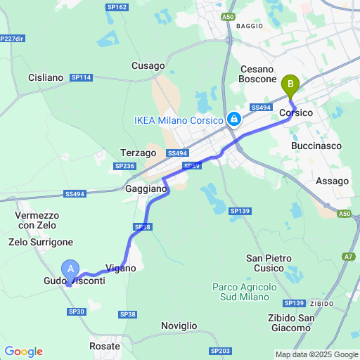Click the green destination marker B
[289, 86]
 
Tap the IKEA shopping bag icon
[233, 120]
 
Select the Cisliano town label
[46, 77]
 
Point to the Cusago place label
[148, 65]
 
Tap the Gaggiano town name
[146, 189]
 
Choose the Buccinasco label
[316, 146]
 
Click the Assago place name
[332, 181]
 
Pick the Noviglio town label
[179, 326]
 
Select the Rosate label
[105, 346]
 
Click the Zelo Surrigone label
[41, 242]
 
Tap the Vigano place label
[120, 268]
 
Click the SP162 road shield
[117, 7]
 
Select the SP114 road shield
[82, 77]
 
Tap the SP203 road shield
[220, 350]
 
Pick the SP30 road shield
[77, 311]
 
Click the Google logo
[23, 352]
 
